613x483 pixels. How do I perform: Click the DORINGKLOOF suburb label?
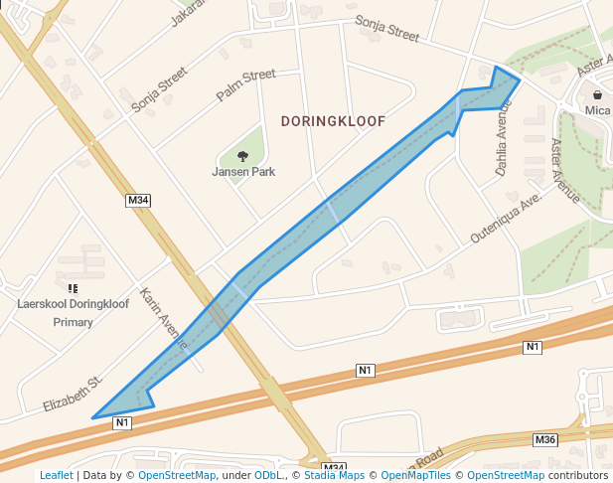[x=333, y=121]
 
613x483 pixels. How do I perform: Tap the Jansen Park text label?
[x=243, y=172]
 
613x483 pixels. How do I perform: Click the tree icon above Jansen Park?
[x=242, y=155]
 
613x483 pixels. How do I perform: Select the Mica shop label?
[x=597, y=110]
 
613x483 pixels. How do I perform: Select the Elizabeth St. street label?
[x=73, y=395]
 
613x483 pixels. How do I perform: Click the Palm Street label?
[x=245, y=85]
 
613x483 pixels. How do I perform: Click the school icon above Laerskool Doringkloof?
[x=73, y=287]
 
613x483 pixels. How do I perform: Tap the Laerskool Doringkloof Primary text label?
[x=73, y=312]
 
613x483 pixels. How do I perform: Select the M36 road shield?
[x=545, y=439]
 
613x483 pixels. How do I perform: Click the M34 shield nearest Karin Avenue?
[x=138, y=201]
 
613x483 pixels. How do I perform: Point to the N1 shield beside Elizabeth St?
[x=122, y=422]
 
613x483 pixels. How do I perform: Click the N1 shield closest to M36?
[x=533, y=347]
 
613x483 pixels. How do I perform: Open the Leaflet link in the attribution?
[x=56, y=476]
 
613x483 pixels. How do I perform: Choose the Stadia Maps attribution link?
[x=334, y=476]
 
